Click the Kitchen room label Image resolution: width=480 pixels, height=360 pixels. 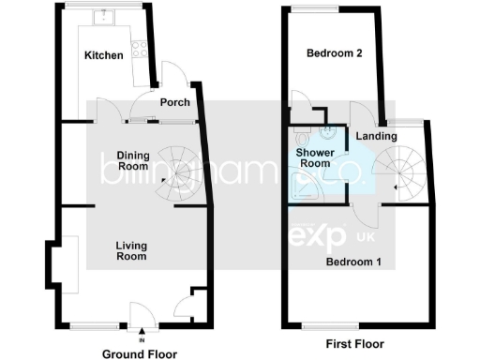[x=103, y=55]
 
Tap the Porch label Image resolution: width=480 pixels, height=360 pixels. [x=175, y=102]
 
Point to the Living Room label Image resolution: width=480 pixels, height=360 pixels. [x=131, y=250]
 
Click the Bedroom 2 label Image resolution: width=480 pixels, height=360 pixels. [x=335, y=53]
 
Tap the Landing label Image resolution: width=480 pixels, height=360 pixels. [x=376, y=137]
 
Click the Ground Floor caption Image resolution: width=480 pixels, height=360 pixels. [x=139, y=353]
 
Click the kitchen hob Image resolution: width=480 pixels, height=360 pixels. [x=141, y=47]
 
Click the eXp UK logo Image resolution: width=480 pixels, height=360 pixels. [x=324, y=233]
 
